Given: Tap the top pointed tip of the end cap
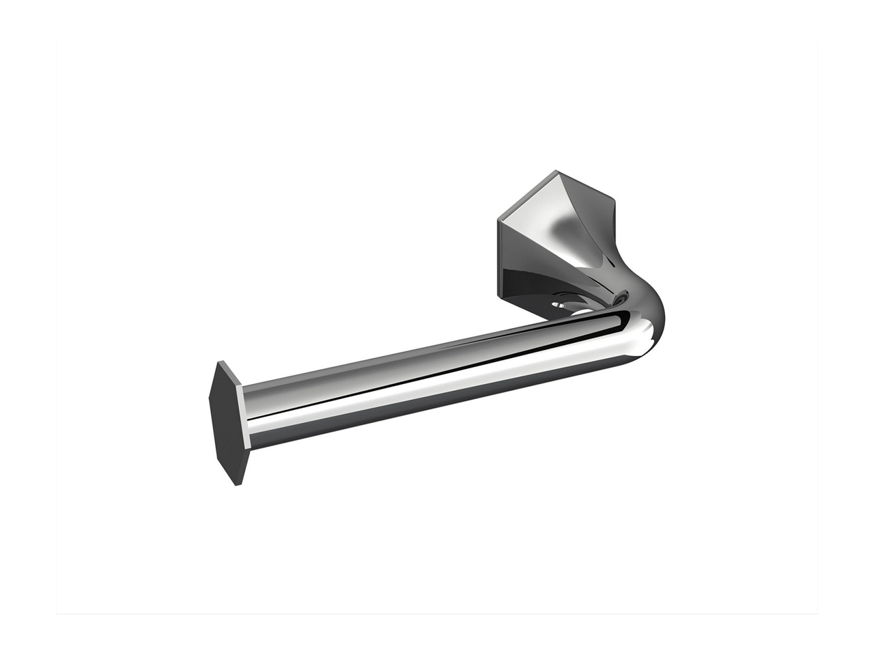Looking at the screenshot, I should click(220, 362).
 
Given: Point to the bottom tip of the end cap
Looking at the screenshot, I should click(237, 484).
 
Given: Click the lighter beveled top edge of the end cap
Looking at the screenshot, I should click(231, 374).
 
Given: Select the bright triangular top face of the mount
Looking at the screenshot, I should click(539, 205).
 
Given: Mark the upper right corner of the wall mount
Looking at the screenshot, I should click(613, 201).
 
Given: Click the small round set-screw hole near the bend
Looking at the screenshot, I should click(620, 298).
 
